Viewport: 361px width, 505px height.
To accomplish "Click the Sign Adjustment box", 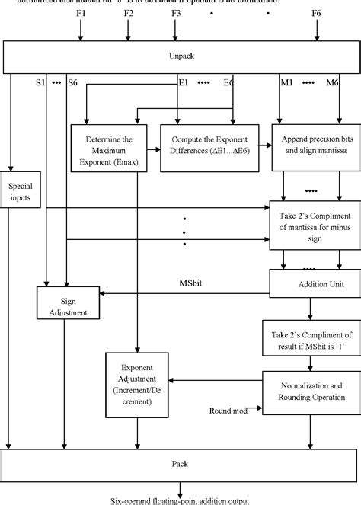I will tap(64, 306).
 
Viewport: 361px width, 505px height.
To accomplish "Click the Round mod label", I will tap(229, 412).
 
